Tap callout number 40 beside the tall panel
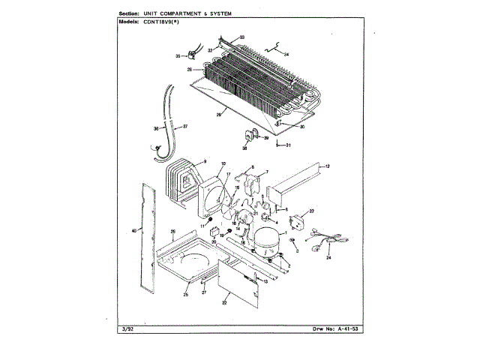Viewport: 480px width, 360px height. click(x=134, y=231)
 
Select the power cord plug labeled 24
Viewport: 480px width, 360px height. click(x=323, y=244)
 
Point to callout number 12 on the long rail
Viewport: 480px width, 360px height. click(x=327, y=165)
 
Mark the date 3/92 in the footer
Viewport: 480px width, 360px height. click(x=126, y=328)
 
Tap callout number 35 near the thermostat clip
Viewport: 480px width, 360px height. click(x=178, y=55)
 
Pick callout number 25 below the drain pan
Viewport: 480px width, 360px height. click(x=185, y=295)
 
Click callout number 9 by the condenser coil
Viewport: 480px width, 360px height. click(x=203, y=160)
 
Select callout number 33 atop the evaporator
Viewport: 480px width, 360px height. click(x=241, y=37)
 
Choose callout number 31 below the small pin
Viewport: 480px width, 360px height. click(x=287, y=145)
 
